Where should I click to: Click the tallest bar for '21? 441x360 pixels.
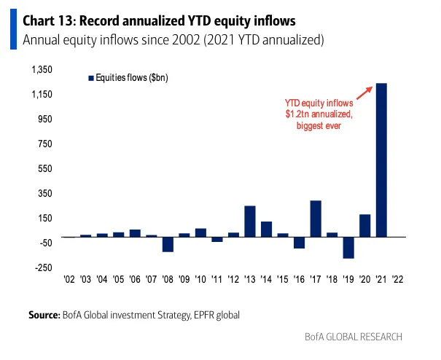click(x=381, y=160)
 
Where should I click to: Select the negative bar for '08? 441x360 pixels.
click(x=168, y=244)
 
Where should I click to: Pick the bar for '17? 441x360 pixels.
click(x=316, y=219)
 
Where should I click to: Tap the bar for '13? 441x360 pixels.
click(x=250, y=222)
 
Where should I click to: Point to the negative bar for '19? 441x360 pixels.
click(x=348, y=248)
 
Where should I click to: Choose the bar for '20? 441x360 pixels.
click(x=364, y=226)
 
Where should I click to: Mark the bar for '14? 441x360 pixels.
click(x=266, y=230)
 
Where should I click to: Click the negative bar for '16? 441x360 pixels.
click(x=300, y=243)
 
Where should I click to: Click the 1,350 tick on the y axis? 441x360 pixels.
click(x=42, y=69)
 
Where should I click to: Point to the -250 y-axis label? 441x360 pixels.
click(x=44, y=267)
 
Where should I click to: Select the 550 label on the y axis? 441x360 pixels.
click(x=45, y=168)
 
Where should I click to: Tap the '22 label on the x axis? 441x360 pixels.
click(x=398, y=279)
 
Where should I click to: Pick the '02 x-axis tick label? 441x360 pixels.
click(x=69, y=279)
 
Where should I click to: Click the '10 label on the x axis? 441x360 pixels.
click(x=200, y=279)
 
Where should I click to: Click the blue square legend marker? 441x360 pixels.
click(x=91, y=78)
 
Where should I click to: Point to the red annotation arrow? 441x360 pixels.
click(x=364, y=93)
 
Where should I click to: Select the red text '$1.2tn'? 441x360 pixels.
click(x=298, y=114)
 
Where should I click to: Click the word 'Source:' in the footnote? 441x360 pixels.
click(x=44, y=315)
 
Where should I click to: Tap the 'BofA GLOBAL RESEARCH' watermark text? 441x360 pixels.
click(x=354, y=337)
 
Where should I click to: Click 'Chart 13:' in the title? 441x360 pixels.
click(x=50, y=21)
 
